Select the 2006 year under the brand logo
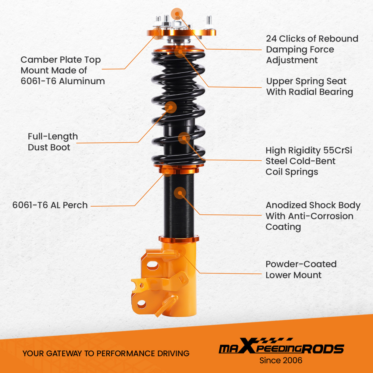(x=293, y=361)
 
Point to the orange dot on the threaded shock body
(x=180, y=193)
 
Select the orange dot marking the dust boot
(x=170, y=107)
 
